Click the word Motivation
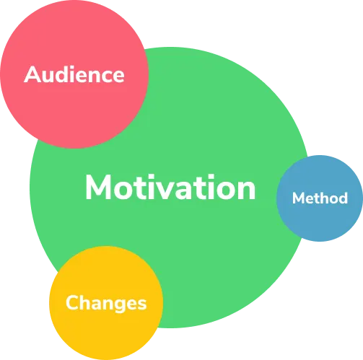click(x=170, y=187)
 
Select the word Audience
click(x=74, y=74)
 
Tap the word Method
click(x=320, y=198)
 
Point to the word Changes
click(x=106, y=303)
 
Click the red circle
click(x=74, y=74)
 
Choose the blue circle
click(x=320, y=198)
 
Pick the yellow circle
click(x=106, y=303)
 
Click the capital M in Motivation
click(x=98, y=188)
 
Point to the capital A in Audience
click(x=32, y=74)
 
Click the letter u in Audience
click(x=50, y=76)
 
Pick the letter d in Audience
click(x=64, y=74)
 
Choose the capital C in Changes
click(x=73, y=302)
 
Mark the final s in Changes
click(x=142, y=304)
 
